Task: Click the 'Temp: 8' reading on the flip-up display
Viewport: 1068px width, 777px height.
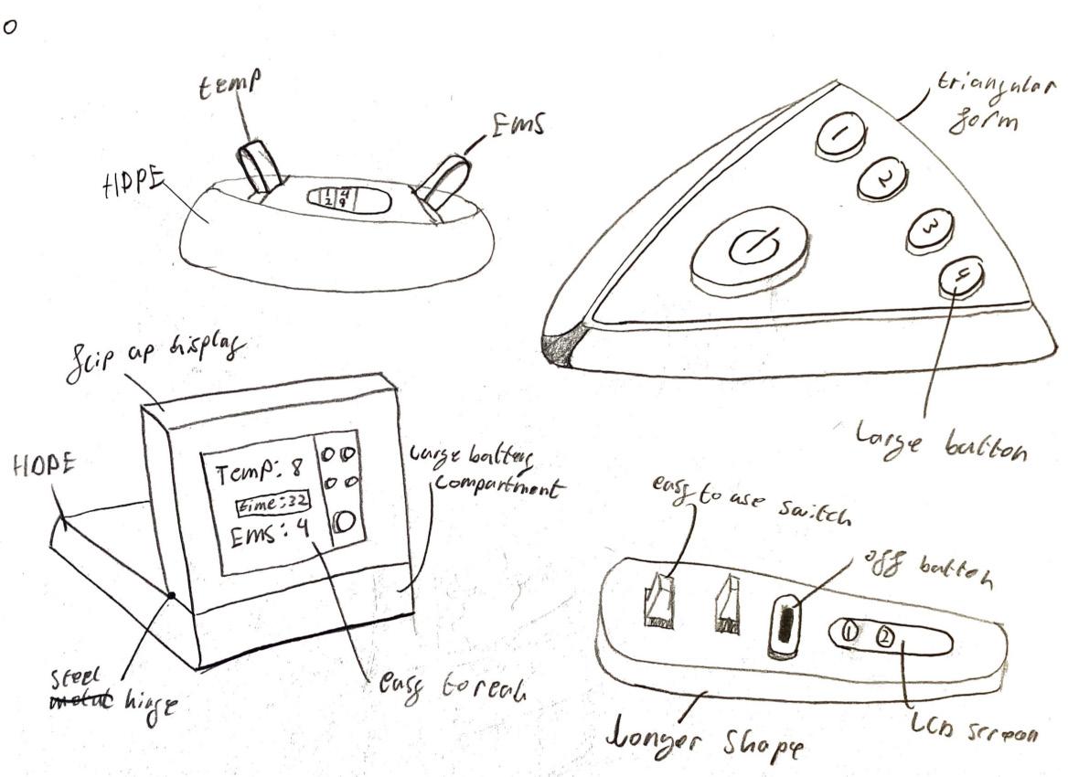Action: [x=256, y=474]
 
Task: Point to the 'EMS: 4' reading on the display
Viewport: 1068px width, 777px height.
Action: [x=258, y=536]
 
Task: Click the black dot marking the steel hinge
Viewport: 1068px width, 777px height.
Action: [x=172, y=595]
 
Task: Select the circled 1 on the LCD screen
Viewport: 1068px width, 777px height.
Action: [x=849, y=631]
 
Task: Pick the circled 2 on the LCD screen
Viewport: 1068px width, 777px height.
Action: [x=884, y=635]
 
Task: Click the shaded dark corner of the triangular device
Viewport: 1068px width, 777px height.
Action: [x=560, y=348]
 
